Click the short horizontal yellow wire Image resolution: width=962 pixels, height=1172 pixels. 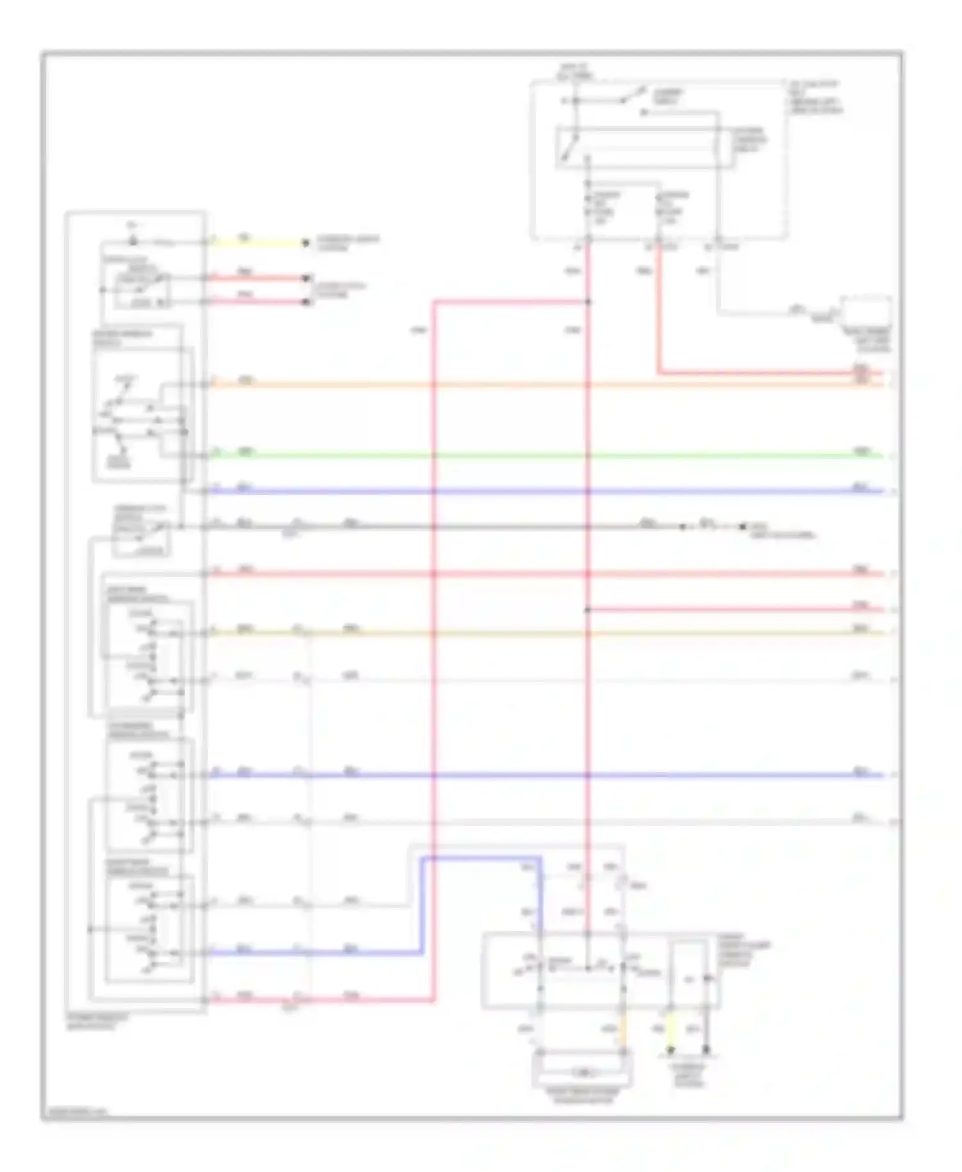257,243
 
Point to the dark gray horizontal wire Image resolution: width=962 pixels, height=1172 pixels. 449,527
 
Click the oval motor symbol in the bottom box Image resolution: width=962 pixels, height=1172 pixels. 582,1072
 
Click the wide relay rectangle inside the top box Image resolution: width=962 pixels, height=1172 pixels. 645,147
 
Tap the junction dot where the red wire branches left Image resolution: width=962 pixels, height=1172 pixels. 588,301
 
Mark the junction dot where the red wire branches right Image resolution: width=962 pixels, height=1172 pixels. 588,610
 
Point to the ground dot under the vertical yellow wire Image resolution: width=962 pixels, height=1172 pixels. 670,1051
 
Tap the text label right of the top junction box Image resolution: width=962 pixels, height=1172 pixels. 814,97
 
